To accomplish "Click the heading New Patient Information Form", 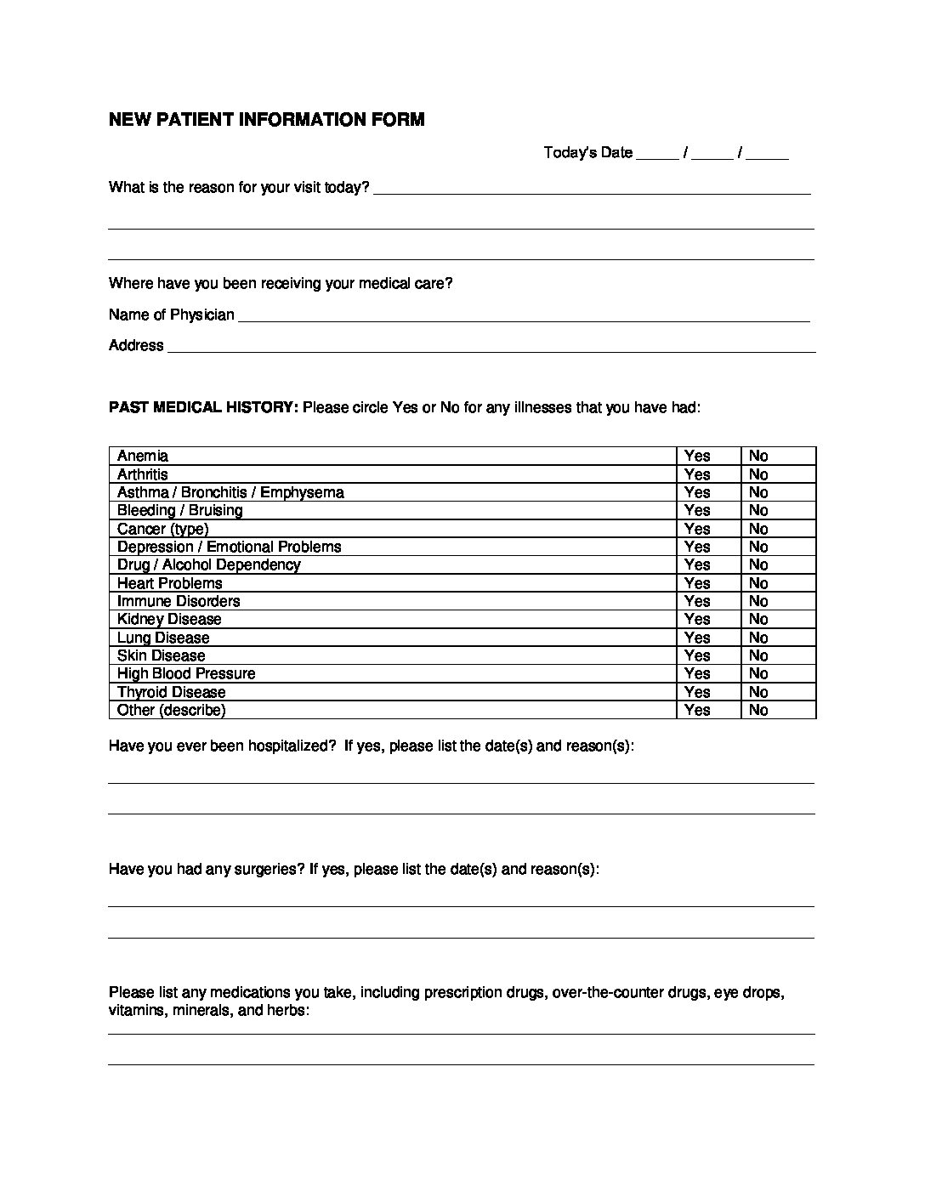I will click(x=266, y=120).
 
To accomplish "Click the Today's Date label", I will click(x=587, y=153).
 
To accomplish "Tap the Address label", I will click(x=136, y=345).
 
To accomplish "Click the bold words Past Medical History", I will click(x=203, y=407).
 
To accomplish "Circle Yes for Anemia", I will click(x=697, y=456).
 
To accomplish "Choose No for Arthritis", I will click(x=758, y=474).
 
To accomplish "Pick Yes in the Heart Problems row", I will click(x=697, y=583).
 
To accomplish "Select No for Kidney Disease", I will click(x=758, y=619).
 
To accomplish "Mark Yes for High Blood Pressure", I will click(x=697, y=673).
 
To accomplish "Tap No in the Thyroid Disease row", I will click(x=758, y=692).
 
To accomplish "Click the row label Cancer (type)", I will click(x=162, y=529).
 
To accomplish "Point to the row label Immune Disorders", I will click(x=179, y=601).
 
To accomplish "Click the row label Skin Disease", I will click(x=161, y=655).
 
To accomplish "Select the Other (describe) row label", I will click(x=171, y=710).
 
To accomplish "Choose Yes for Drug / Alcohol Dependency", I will click(x=697, y=564).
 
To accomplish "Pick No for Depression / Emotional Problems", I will click(x=758, y=547).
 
